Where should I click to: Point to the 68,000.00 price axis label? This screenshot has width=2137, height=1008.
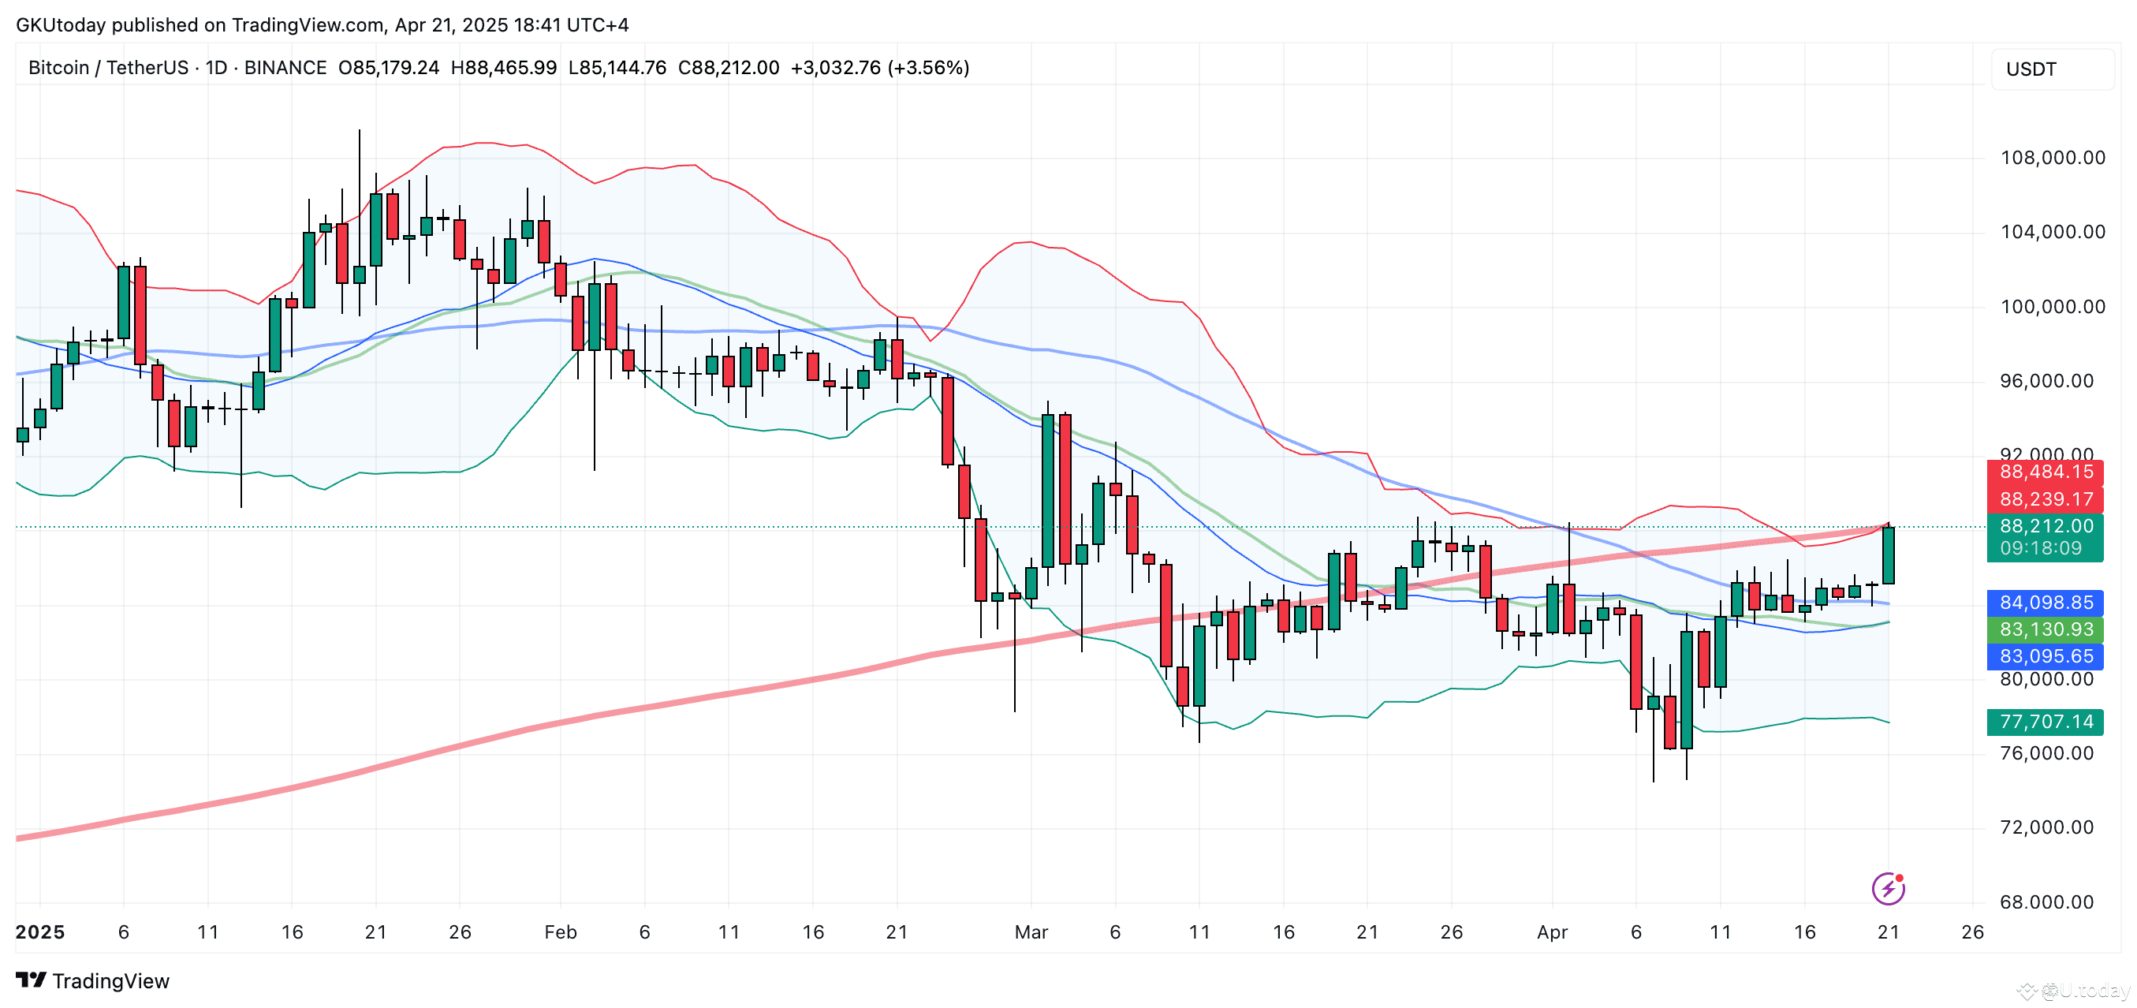(2046, 902)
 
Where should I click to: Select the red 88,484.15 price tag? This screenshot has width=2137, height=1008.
(2046, 472)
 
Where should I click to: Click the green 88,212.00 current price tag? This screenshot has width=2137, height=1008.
(2046, 526)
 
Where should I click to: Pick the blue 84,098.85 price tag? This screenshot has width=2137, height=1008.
(2046, 603)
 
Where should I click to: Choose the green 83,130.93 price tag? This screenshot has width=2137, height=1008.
(2046, 629)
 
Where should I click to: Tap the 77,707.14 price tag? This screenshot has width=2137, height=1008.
(2046, 722)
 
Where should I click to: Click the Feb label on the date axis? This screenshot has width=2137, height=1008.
(560, 931)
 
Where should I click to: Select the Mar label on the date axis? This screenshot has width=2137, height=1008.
(1031, 931)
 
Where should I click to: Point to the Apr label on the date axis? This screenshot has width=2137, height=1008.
(1551, 931)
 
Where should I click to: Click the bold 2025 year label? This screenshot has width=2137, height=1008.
(39, 931)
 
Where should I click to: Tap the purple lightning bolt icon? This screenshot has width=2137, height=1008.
(1888, 889)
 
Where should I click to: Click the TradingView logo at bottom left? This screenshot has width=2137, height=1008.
(93, 980)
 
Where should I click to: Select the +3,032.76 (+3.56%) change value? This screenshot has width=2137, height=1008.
(879, 67)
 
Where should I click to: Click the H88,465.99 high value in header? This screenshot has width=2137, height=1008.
(504, 67)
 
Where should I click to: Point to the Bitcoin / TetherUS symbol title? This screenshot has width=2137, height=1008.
(108, 67)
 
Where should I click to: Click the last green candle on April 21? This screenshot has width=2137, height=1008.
(1888, 555)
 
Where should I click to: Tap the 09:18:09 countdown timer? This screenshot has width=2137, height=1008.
(2040, 548)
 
